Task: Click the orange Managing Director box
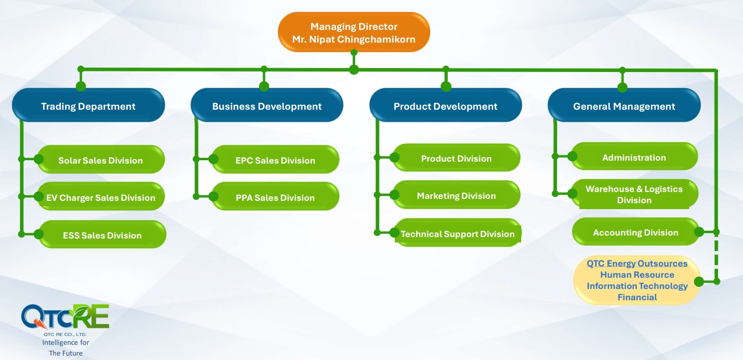click(354, 32)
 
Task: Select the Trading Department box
click(88, 105)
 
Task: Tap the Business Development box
click(266, 105)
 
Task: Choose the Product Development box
click(446, 105)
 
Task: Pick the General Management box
click(624, 105)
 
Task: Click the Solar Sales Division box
click(101, 160)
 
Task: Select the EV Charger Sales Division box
click(101, 196)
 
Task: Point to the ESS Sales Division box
click(102, 234)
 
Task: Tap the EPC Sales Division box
click(275, 160)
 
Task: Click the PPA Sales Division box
click(275, 196)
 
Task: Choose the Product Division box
click(456, 158)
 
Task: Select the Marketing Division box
click(456, 195)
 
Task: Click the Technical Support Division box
click(458, 233)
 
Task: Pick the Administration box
click(634, 156)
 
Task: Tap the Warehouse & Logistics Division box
click(634, 194)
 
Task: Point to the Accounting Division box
click(636, 232)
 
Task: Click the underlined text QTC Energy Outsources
click(637, 264)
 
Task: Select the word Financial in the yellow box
click(637, 297)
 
